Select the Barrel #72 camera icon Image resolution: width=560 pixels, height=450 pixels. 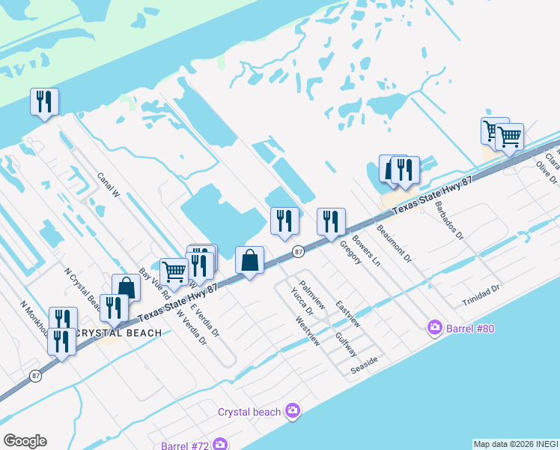220,445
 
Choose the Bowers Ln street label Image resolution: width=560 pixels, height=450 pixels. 366,253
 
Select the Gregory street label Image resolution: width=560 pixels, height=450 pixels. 350,252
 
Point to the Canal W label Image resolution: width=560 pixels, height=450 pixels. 109,184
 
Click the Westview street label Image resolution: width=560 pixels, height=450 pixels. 308,331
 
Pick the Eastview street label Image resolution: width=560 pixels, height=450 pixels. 348,314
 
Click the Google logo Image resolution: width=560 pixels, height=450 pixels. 25,441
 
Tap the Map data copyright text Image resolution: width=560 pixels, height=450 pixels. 515,444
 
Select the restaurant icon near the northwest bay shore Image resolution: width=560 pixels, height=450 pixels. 44,101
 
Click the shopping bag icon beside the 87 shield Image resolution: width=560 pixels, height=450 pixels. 250,260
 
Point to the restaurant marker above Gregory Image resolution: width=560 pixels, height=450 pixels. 330,221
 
